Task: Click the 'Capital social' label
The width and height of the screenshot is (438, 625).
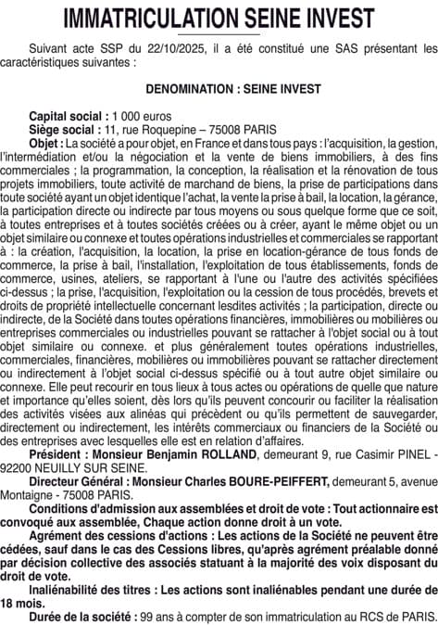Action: pos(67,116)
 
